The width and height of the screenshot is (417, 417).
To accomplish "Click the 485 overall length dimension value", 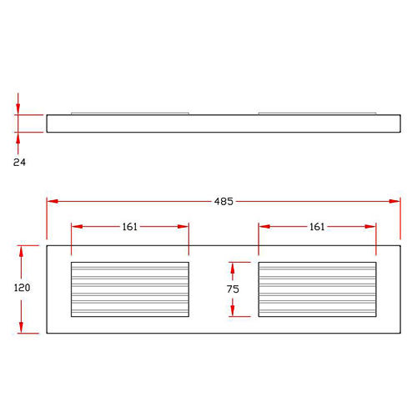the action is [224, 201].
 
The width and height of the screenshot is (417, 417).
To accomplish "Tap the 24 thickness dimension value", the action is [19, 162].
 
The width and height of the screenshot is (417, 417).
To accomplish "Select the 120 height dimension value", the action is [22, 288].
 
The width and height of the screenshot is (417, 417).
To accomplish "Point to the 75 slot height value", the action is [233, 289].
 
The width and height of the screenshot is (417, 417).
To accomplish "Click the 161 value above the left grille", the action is [130, 227].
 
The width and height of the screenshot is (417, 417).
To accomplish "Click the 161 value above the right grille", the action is [317, 227].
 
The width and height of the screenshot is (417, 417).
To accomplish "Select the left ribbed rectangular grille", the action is [130, 289].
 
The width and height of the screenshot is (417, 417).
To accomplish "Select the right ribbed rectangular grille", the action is [317, 289].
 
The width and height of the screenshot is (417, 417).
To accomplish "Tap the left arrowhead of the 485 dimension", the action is [53, 201].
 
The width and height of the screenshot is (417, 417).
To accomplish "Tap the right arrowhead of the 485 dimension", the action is [394, 201].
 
